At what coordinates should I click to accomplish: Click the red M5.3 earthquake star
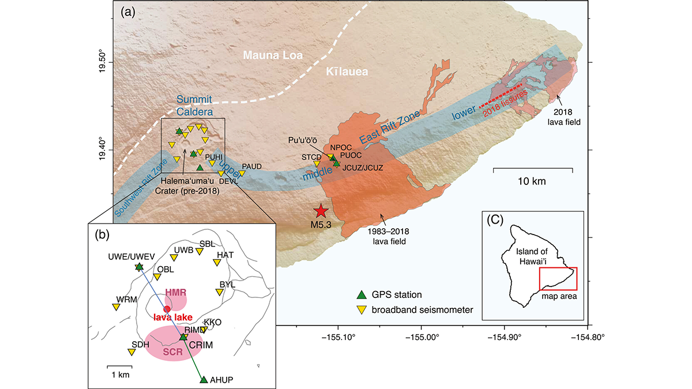coord(320,212)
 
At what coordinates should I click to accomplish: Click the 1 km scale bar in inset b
coord(120,366)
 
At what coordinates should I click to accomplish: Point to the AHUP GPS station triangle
coord(203,379)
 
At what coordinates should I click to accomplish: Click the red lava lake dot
coord(167,309)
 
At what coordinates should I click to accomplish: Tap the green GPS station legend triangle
coord(361,294)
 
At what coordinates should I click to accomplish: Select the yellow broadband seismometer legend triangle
coord(361,310)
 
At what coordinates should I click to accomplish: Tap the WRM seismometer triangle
coord(116,307)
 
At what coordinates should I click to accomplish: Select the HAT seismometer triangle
coord(217,262)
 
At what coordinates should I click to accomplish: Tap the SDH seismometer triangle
coord(131,352)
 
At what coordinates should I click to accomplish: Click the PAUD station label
coord(252,166)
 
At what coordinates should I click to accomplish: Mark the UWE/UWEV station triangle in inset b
coord(139,267)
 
